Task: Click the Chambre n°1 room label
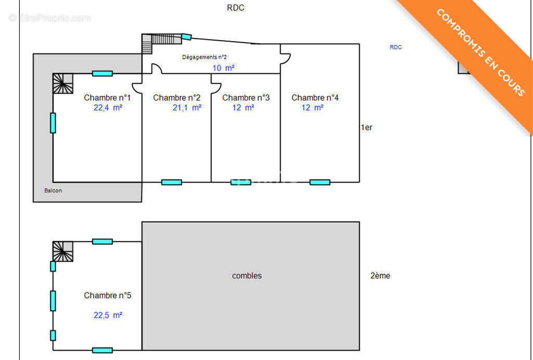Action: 107,98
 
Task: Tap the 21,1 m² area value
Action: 187,108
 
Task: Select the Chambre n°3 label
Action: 246,98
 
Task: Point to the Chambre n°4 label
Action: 315,98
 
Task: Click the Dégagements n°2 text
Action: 204,57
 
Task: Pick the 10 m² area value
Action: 223,68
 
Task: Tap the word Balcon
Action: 53,190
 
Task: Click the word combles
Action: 247,276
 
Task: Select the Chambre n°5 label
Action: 107,295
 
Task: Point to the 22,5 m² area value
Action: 108,315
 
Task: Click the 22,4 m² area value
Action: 108,108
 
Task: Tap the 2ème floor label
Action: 380,276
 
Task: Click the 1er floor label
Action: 366,127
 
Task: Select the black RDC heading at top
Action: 236,8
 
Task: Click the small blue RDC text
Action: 396,47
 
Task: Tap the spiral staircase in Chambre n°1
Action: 63,84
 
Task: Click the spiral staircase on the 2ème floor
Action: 63,252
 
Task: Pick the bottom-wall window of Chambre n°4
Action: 320,183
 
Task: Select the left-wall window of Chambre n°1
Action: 53,123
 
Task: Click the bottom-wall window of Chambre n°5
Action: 103,350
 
